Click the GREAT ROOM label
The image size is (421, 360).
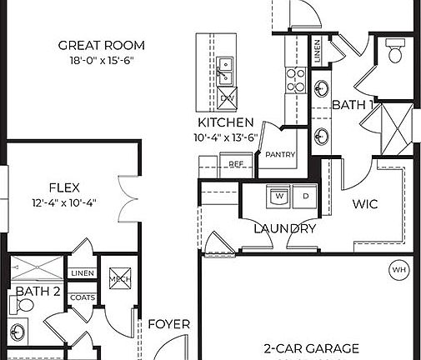point(103,45)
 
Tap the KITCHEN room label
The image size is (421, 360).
point(225,122)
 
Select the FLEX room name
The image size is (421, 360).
point(64,186)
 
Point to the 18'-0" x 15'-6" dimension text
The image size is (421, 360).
point(103,60)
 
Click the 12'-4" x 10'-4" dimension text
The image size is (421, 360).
point(64,201)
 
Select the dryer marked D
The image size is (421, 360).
point(305,197)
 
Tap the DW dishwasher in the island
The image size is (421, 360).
point(227,97)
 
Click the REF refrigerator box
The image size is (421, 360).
point(236,164)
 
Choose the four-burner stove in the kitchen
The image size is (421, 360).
point(296,79)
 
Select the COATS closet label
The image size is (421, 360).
point(83,297)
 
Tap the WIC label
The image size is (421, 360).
point(366,202)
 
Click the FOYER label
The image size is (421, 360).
point(169,324)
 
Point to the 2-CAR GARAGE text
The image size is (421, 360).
point(300,348)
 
